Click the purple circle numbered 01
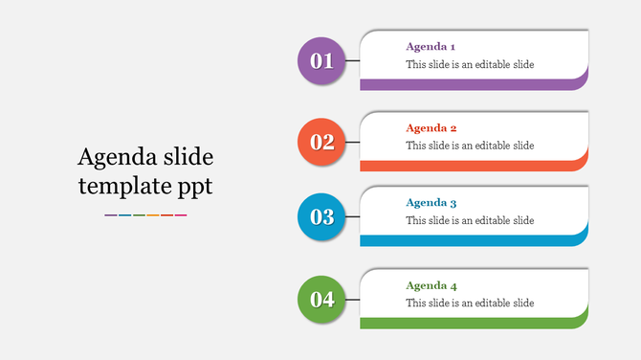click(x=321, y=61)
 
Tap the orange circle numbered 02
click(x=321, y=142)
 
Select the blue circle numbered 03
click(x=321, y=216)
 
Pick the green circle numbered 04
click(x=321, y=299)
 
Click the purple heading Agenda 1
click(x=431, y=46)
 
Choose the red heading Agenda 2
click(x=431, y=127)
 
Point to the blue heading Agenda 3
click(x=431, y=203)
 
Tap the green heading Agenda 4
click(x=431, y=285)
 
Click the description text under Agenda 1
click(x=470, y=65)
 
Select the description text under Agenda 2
click(x=470, y=146)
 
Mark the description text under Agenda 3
click(x=470, y=220)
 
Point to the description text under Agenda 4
click(x=470, y=304)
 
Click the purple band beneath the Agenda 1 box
click(x=469, y=84)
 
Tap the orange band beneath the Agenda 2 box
click(x=469, y=166)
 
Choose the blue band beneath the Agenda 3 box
click(x=469, y=240)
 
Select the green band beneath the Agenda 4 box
click(x=469, y=323)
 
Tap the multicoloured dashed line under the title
click(x=145, y=215)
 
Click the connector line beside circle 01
click(x=351, y=61)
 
